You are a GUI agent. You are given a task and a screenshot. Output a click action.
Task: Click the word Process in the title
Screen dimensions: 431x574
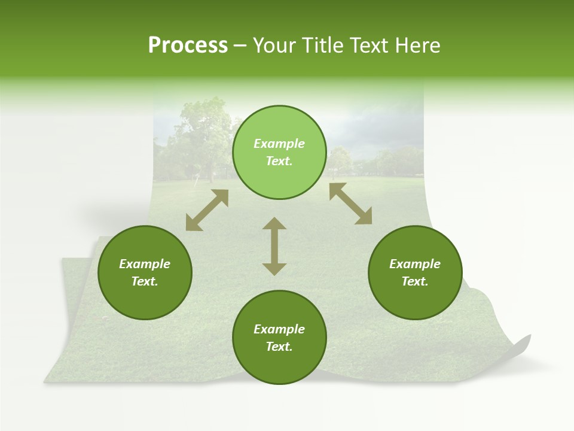tap(188, 45)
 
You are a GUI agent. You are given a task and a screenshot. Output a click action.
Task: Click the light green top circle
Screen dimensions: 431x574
tap(279, 153)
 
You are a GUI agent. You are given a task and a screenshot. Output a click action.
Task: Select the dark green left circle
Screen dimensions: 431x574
tap(145, 272)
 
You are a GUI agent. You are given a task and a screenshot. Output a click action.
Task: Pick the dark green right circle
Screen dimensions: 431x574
tap(415, 272)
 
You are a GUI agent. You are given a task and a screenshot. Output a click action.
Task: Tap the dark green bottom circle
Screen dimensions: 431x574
tap(279, 338)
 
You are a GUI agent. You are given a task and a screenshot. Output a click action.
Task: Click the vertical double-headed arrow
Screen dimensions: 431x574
tap(274, 246)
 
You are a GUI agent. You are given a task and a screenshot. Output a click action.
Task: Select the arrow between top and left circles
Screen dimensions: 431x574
tap(207, 210)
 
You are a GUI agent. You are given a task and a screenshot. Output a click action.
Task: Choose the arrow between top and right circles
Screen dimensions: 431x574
tap(350, 204)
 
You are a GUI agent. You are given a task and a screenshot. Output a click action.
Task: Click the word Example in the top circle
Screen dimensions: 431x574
tap(279, 144)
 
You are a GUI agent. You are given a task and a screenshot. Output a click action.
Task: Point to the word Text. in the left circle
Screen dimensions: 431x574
tap(145, 281)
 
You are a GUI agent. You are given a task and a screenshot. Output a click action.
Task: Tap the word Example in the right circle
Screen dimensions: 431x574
tap(415, 264)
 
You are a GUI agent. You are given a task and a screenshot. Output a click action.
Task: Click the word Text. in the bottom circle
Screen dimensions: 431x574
tap(279, 347)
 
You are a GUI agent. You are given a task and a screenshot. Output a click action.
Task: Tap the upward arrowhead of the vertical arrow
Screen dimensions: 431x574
tap(274, 223)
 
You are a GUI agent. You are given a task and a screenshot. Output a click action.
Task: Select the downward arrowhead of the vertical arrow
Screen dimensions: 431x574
tap(274, 269)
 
